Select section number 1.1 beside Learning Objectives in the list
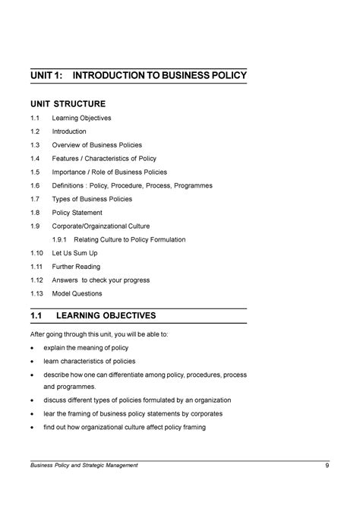(x=35, y=119)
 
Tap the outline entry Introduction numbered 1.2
(x=68, y=131)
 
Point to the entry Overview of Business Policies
(x=96, y=145)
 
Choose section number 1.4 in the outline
(x=35, y=159)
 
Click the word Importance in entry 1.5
(x=69, y=172)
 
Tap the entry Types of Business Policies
(x=92, y=199)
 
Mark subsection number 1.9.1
(x=62, y=239)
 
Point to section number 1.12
(x=36, y=280)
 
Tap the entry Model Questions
(x=77, y=293)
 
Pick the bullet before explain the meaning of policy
(x=32, y=347)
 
